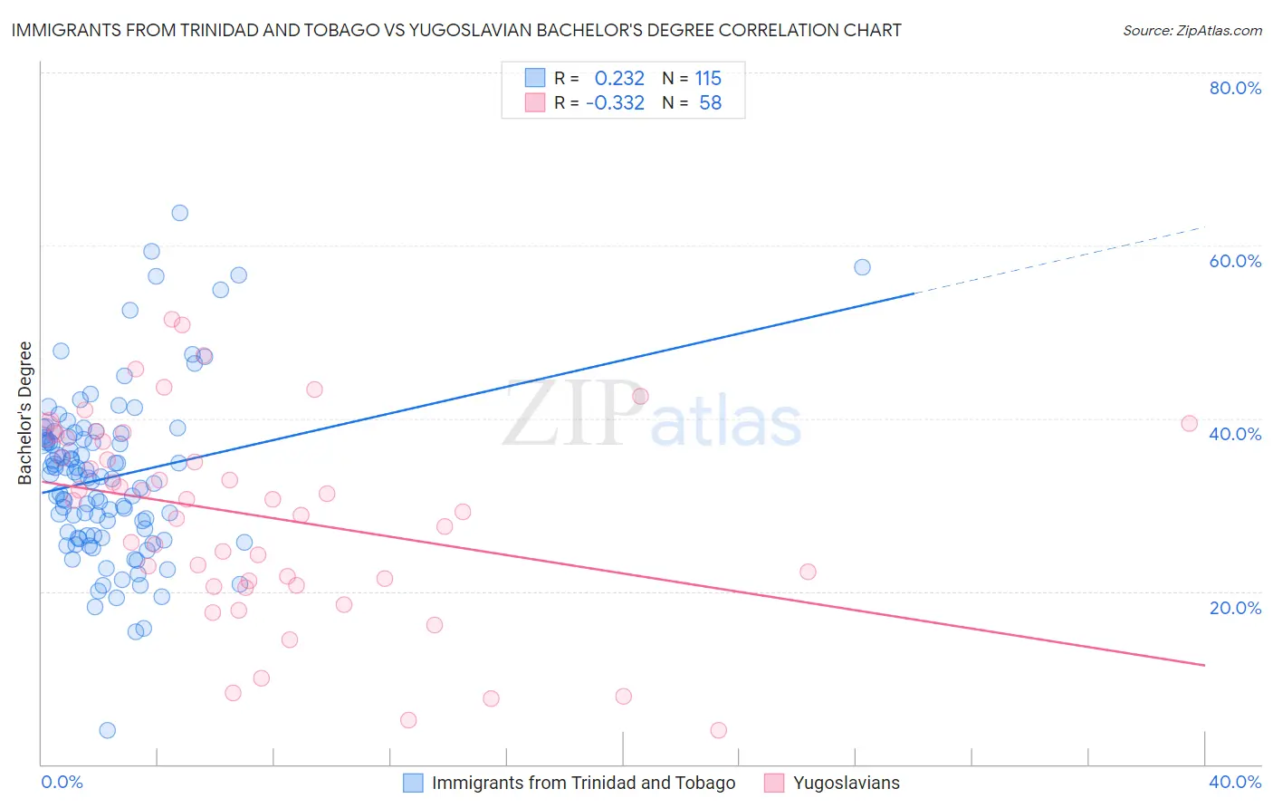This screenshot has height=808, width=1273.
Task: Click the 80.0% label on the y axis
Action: click(x=1235, y=88)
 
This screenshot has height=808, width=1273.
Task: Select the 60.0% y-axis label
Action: click(x=1235, y=261)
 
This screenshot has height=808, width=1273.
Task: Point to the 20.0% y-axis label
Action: click(x=1235, y=608)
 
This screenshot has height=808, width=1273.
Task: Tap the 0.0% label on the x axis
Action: click(x=62, y=782)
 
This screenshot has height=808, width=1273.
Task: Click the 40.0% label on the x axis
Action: click(x=1235, y=782)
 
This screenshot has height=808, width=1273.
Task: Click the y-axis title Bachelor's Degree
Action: click(x=25, y=413)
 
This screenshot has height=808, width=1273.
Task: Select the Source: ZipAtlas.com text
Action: click(x=1192, y=31)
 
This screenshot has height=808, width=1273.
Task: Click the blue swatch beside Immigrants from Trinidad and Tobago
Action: click(x=413, y=783)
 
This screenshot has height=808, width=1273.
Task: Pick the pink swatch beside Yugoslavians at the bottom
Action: click(x=774, y=783)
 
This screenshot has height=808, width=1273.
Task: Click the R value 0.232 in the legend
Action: click(x=619, y=79)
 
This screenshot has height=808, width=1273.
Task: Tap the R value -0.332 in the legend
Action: click(x=615, y=103)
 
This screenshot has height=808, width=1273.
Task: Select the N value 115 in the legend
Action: click(x=708, y=79)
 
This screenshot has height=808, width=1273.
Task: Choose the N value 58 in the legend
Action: click(x=711, y=103)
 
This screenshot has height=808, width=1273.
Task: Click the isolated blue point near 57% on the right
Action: click(x=862, y=267)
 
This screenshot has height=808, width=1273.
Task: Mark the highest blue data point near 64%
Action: click(x=180, y=213)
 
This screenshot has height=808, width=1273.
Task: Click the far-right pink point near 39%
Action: click(x=1190, y=424)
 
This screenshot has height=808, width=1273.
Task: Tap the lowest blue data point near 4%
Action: click(x=108, y=730)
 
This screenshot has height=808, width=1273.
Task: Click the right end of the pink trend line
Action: click(x=1204, y=665)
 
